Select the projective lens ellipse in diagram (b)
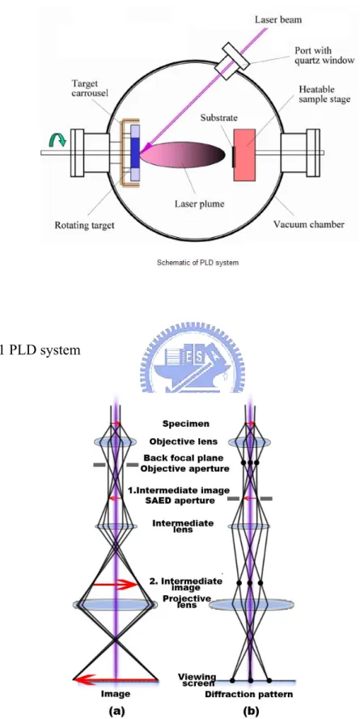tap(252, 605)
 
